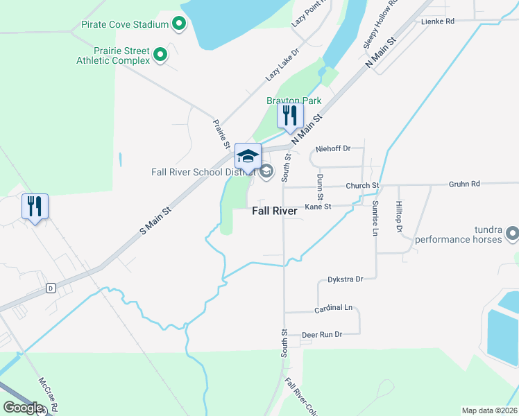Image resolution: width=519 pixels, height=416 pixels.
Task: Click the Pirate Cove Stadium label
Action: coord(125,24)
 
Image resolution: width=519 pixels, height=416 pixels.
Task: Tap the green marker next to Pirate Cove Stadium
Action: coord(179,24)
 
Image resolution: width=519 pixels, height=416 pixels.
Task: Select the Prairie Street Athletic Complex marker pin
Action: coord(160,53)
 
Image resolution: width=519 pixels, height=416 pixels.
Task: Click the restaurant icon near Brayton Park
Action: coord(290,116)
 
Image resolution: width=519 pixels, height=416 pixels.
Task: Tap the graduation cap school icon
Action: coord(248,156)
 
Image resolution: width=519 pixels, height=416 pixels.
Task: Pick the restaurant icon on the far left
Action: coord(35,207)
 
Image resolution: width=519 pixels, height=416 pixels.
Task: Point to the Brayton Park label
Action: coord(293,101)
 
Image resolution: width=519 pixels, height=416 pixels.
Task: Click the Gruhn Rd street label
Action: coord(464,184)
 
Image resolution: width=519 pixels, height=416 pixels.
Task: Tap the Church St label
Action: coord(362,186)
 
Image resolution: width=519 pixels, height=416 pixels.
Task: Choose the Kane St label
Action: coord(318,207)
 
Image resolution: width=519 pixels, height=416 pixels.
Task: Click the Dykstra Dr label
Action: coord(345,279)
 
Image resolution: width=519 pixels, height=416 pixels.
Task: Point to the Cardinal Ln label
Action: coord(333,307)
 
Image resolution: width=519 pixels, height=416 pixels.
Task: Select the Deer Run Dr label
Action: coord(323,335)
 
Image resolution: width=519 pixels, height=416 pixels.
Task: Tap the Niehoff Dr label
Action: coord(333,148)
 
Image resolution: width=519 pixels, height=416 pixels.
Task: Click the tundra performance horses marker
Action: coord(512,233)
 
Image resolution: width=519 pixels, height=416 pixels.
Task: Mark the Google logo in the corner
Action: coord(23,408)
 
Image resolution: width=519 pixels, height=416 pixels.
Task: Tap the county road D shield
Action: coord(50,288)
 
